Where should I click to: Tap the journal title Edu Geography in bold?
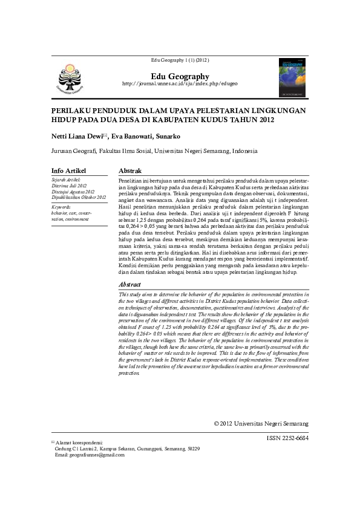180,76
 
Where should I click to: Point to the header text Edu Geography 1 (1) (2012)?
180,60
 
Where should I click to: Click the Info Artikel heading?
68,171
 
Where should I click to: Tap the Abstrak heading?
131,171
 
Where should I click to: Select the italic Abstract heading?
131,284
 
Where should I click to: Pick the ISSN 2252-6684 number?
287,438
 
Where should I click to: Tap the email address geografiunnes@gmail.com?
85,455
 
